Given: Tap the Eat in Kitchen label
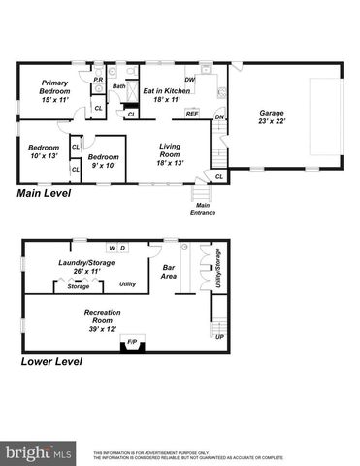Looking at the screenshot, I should click(167, 95).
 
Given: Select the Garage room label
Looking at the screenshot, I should click(272, 117).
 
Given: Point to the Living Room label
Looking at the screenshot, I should click(171, 152).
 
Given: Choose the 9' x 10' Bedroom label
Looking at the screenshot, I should click(103, 160).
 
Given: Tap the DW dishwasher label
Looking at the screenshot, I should click(190, 80).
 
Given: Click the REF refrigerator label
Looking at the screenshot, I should click(192, 114).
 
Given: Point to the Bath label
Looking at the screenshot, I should click(119, 86).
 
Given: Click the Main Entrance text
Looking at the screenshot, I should click(203, 209).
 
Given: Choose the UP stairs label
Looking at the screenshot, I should click(218, 337).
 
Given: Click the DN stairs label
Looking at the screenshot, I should click(220, 117).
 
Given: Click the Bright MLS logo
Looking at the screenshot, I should click(39, 452).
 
